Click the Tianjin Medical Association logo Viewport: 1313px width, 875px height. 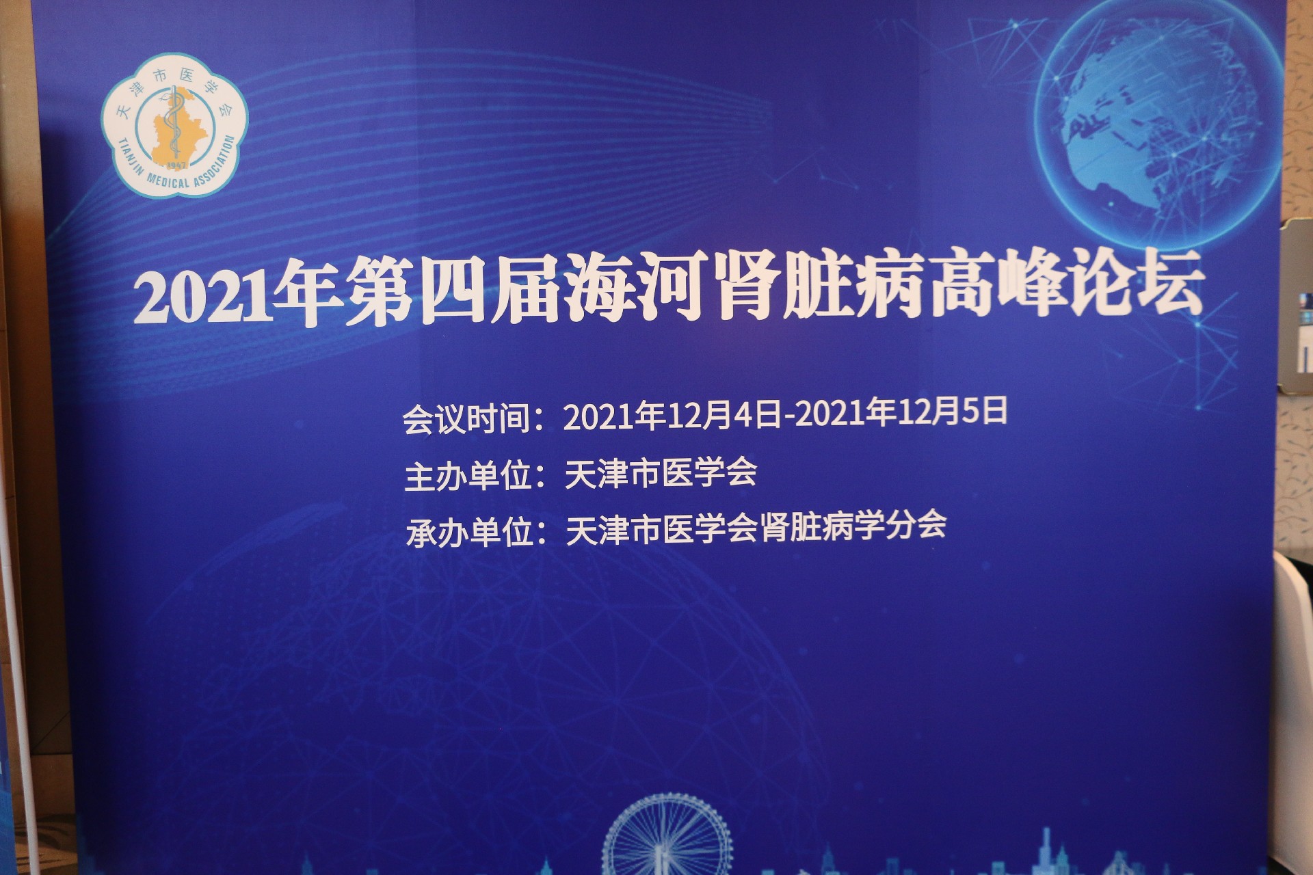coord(175,124)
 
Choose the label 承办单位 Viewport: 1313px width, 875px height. coord(469,532)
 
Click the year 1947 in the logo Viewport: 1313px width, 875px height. coord(177,165)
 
